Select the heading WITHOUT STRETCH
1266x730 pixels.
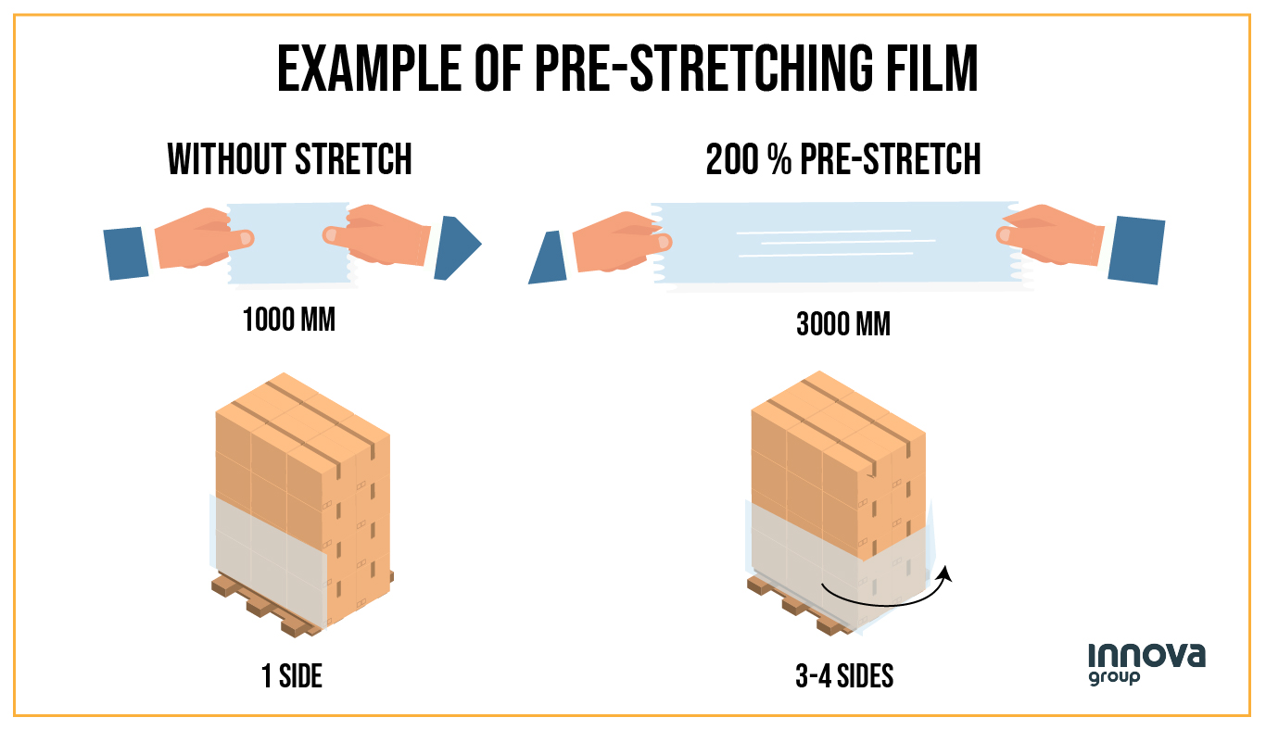click(x=290, y=159)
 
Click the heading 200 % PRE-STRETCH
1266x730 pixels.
click(x=843, y=159)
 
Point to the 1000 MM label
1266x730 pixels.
click(x=288, y=321)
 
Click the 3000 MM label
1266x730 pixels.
click(x=843, y=324)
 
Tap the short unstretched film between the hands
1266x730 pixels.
click(x=288, y=243)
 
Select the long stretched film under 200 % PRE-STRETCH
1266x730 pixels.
click(x=834, y=243)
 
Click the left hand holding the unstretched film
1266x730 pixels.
click(x=195, y=237)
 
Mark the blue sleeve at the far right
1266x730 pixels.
click(x=1134, y=248)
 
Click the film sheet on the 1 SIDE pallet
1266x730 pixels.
click(x=269, y=556)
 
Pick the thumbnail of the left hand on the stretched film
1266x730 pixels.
click(x=660, y=243)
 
